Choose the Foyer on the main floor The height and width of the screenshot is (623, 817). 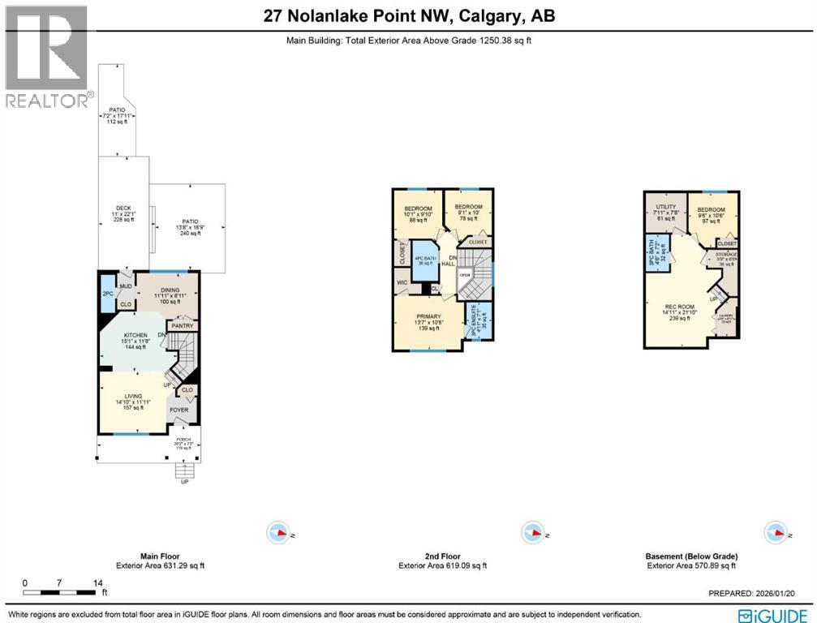(x=178, y=410)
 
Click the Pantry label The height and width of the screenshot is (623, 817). (x=182, y=325)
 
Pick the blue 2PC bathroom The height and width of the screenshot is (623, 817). (x=108, y=294)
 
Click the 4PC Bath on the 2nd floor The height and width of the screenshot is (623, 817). (x=424, y=261)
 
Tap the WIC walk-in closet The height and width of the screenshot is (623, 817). (x=402, y=282)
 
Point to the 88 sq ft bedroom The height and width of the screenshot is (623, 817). (x=419, y=213)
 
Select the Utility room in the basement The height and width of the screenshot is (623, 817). (x=665, y=213)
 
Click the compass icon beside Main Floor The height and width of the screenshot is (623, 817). (x=278, y=533)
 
